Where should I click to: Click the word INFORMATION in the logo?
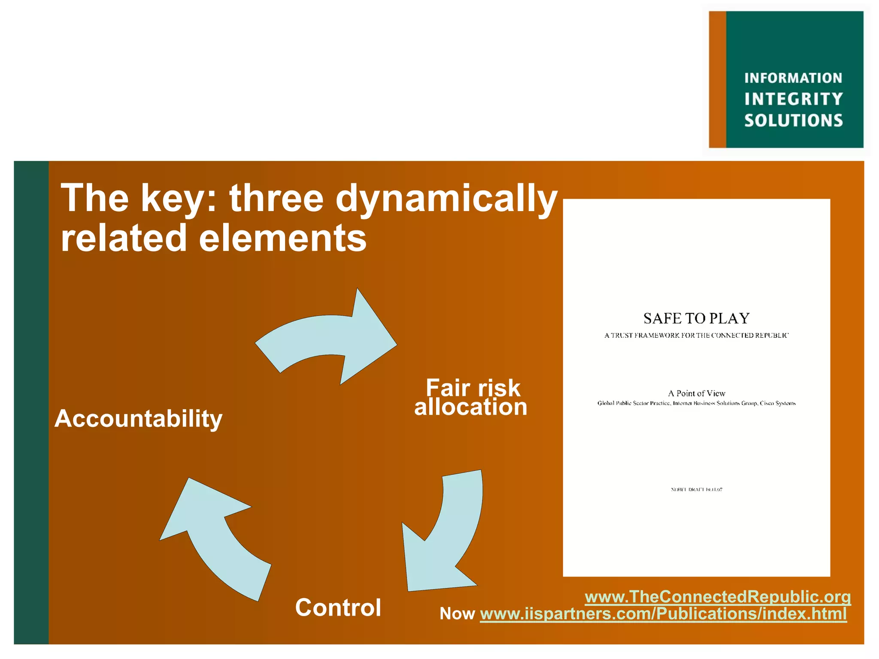(793, 78)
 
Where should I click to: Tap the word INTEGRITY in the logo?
(794, 99)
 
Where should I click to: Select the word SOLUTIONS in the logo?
(794, 121)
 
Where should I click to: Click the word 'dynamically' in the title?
(446, 198)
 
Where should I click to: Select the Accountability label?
(139, 419)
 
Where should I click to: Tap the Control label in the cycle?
(338, 608)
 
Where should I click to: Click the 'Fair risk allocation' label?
(471, 397)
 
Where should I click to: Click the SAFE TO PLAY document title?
(696, 318)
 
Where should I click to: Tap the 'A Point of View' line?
(696, 393)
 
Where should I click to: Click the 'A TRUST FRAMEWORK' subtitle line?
(696, 336)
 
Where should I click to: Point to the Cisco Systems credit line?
(696, 403)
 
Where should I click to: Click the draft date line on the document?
(696, 490)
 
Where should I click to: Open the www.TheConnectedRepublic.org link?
(718, 597)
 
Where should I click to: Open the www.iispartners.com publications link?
(663, 614)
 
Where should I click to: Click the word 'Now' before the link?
(457, 614)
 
